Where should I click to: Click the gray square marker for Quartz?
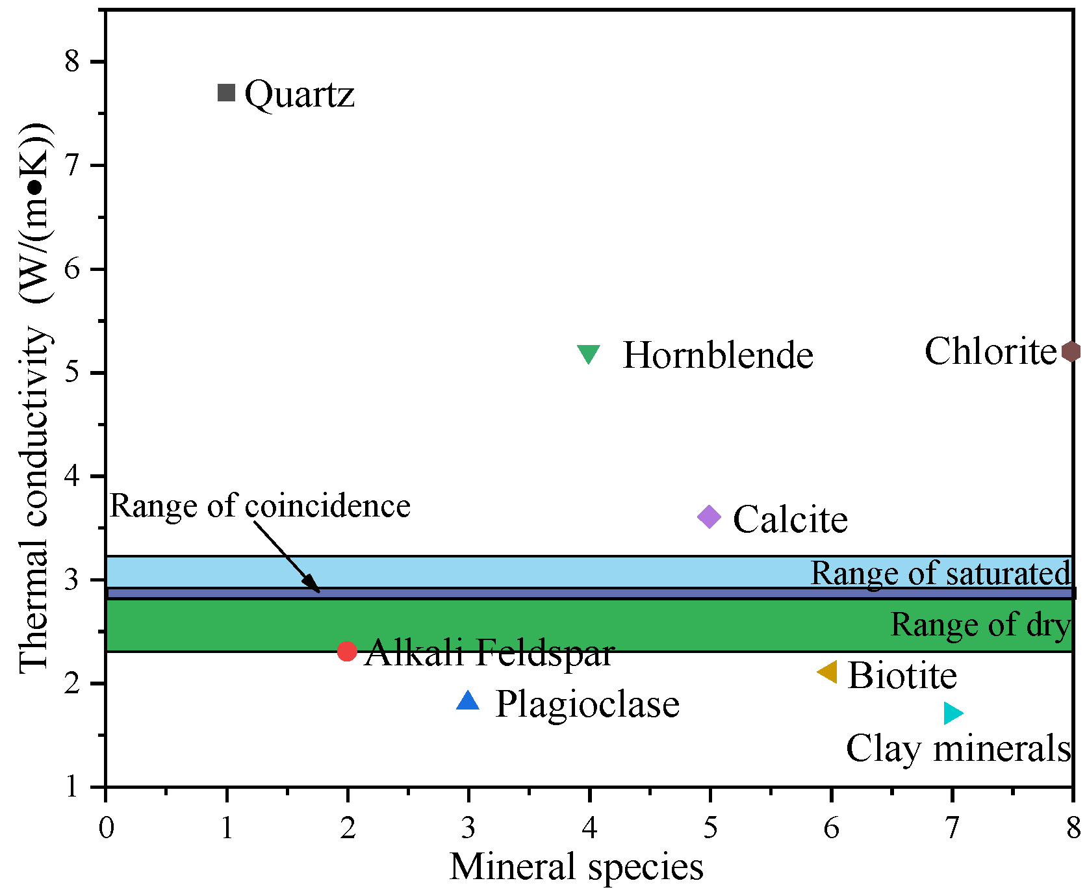click(226, 93)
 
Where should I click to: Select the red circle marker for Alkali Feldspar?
click(347, 651)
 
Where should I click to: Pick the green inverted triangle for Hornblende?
click(589, 353)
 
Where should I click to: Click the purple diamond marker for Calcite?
click(710, 517)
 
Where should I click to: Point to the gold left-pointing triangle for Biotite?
click(828, 672)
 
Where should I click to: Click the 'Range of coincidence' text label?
click(260, 506)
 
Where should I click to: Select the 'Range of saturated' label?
click(940, 574)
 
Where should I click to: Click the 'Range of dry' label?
click(980, 625)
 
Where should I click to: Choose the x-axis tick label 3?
click(468, 828)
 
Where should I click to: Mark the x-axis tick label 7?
click(952, 828)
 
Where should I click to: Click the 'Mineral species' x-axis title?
click(576, 867)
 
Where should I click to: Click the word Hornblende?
click(718, 355)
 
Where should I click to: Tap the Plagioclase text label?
click(587, 704)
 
